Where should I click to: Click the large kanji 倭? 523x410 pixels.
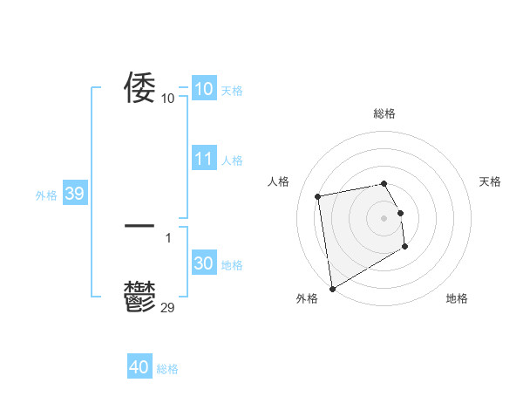pos(139,87)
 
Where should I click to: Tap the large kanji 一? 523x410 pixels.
pos(139,226)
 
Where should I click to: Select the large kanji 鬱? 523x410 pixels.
pos(139,297)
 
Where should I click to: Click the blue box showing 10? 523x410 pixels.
pos(204,89)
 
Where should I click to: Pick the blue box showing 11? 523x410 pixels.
pos(204,159)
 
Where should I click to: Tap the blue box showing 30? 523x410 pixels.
pos(204,263)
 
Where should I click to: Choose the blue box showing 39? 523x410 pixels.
pos(75,194)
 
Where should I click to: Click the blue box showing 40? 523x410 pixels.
pos(139,367)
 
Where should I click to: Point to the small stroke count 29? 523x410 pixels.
pos(168,306)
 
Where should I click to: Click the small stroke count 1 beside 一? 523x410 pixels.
pos(168,237)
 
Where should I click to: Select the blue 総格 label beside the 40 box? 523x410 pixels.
pos(167,369)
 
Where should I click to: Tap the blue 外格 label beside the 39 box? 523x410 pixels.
pos(46,195)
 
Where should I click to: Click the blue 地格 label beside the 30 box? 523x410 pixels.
pos(232,265)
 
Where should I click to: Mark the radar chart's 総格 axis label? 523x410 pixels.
pos(384,114)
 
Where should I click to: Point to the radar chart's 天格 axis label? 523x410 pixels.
pos(490,181)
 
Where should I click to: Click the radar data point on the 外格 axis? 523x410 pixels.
pos(332,289)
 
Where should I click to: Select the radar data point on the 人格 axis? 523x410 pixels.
pos(318,196)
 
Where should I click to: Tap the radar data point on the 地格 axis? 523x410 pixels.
pos(405,248)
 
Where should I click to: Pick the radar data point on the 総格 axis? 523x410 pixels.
pos(384,183)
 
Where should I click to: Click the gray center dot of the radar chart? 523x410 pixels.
pos(384,217)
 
